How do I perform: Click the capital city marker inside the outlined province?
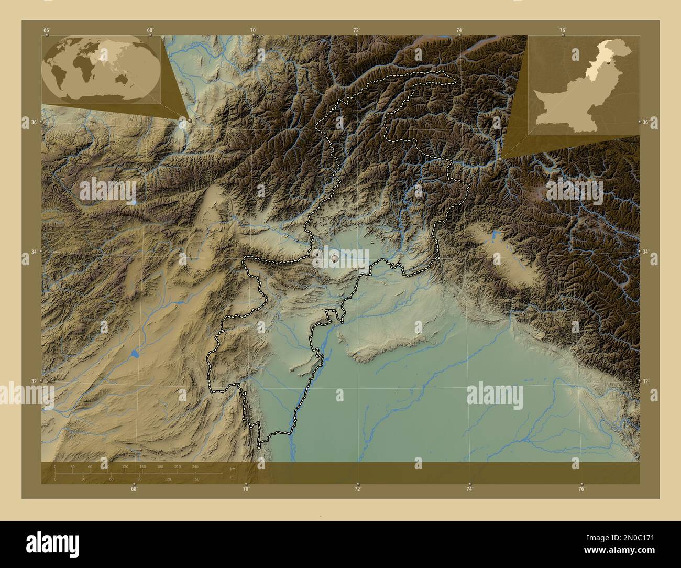pos(335,258)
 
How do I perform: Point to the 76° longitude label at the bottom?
pos(581,489)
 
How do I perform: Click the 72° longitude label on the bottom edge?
pos(357,489)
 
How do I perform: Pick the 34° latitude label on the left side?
pos(34,252)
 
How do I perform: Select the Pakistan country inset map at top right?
pos(583,85)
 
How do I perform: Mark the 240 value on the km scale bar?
pos(195,466)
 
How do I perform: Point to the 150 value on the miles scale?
pos(195,479)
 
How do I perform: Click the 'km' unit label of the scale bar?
pos(233,469)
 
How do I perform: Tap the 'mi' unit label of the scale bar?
pos(232,477)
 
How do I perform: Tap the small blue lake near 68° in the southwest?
pos(135,354)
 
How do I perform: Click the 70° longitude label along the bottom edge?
pos(246,489)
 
